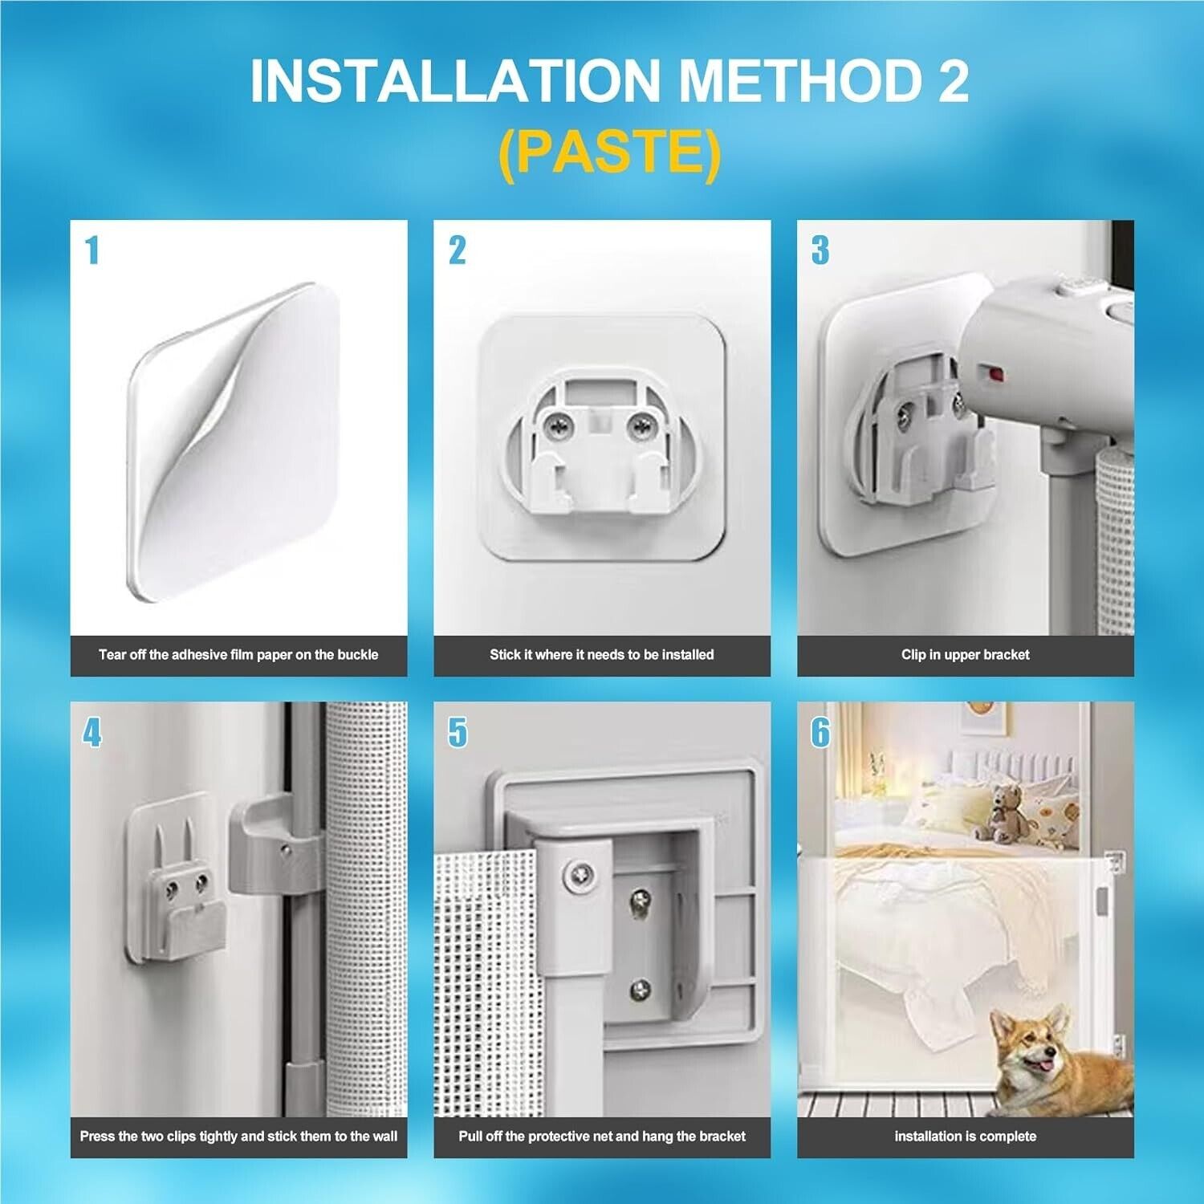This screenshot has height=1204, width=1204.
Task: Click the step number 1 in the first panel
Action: [x=92, y=250]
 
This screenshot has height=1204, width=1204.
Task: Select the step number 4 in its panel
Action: [x=92, y=733]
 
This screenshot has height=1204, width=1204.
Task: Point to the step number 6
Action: [x=820, y=733]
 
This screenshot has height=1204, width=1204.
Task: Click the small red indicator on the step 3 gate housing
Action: [x=996, y=373]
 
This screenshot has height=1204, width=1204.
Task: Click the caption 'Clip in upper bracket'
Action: [x=965, y=655]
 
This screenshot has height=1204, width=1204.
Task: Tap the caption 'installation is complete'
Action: [x=965, y=1137]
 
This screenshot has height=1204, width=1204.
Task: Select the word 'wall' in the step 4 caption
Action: [x=384, y=1137]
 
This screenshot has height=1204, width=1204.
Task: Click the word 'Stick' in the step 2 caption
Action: [x=505, y=655]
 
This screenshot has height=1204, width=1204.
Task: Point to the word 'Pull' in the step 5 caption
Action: [x=471, y=1137]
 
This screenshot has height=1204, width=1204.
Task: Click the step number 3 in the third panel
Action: [x=820, y=250]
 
